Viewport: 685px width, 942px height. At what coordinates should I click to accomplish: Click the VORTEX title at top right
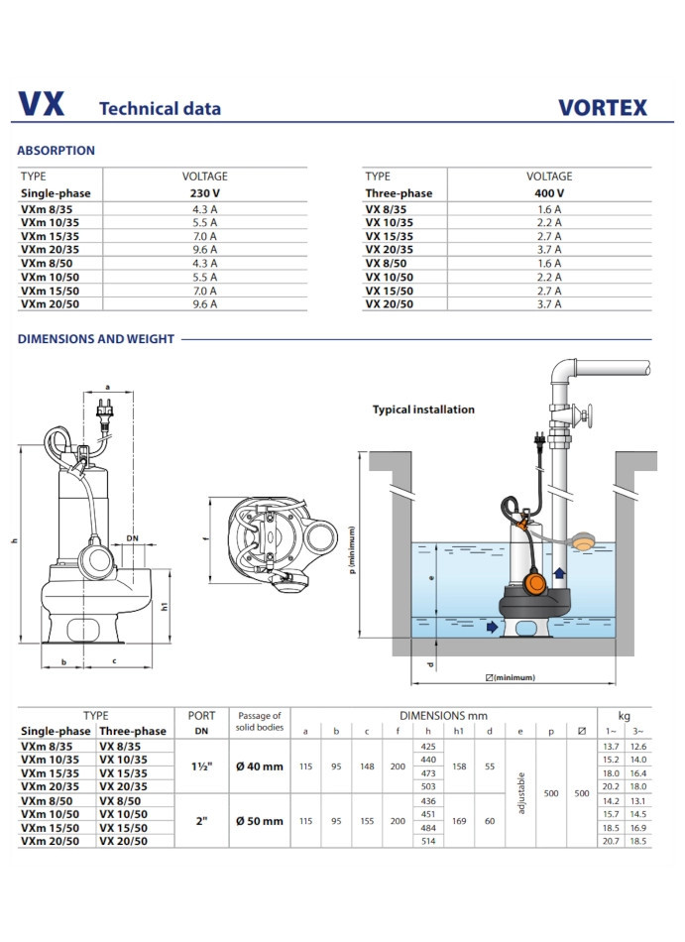[x=602, y=107]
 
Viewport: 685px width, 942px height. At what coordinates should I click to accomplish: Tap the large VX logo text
[x=42, y=105]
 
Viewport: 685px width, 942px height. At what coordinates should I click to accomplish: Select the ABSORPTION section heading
[x=57, y=151]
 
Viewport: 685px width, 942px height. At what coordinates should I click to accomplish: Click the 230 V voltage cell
[x=205, y=193]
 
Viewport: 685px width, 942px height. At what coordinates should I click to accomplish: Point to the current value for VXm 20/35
[x=205, y=250]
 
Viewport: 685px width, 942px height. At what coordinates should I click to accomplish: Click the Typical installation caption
[x=423, y=410]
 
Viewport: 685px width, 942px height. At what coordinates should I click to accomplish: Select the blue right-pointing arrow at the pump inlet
[x=493, y=627]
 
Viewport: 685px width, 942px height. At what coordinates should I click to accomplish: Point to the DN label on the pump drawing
[x=133, y=538]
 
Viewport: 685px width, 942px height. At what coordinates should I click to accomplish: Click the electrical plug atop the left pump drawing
[x=101, y=407]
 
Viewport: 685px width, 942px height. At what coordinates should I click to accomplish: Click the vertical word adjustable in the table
[x=521, y=793]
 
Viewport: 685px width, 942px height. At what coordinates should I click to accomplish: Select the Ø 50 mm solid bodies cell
[x=260, y=821]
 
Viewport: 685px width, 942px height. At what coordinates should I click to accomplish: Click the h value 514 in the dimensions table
[x=428, y=841]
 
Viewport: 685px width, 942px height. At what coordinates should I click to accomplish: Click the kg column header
[x=624, y=715]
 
